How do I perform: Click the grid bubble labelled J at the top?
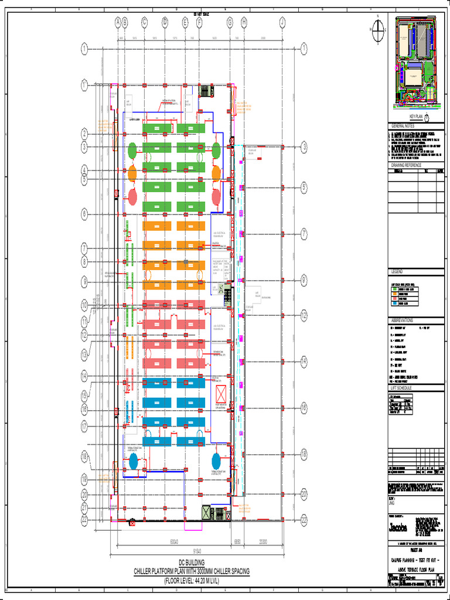point(282,22)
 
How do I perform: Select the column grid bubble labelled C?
point(144,22)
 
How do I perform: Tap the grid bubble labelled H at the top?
point(244,22)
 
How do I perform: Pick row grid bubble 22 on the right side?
point(304,519)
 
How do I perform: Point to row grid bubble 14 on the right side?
point(304,362)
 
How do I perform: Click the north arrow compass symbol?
point(379,27)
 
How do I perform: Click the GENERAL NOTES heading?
point(403,126)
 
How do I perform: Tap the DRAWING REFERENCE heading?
point(407,165)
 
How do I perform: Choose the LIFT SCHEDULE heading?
point(403,388)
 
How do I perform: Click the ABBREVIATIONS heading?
point(403,321)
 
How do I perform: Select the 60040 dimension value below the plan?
point(175,542)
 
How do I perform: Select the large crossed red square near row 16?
point(222,393)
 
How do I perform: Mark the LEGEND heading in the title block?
point(397,272)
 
